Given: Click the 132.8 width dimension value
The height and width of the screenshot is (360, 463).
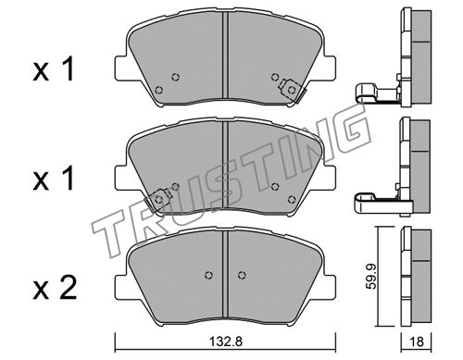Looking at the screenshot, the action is coord(226,341).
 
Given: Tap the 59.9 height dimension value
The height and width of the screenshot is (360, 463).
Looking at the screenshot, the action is coord(371,277).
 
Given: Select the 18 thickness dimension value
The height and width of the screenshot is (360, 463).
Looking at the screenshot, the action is coord(417,341).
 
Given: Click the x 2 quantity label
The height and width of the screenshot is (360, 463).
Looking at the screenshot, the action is coord(55,288).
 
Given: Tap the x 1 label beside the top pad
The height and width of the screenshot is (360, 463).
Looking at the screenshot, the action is coord(54,69).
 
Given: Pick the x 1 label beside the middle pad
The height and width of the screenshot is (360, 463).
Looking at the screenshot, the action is coord(54,179).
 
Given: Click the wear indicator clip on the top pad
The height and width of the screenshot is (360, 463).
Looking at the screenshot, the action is coord(291,91).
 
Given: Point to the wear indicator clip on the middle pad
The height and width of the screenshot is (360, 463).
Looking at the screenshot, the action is coord(158,200).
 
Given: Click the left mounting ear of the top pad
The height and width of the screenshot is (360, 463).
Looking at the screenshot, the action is coord(120,68).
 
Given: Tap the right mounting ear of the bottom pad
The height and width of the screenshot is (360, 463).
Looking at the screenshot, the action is coord(330,287).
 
